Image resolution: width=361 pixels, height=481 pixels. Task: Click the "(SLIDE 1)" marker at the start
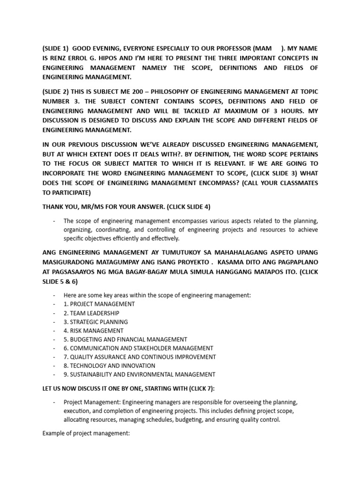pyautogui.click(x=55, y=48)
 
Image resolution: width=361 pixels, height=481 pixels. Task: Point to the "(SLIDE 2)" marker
pyautogui.click(x=55, y=90)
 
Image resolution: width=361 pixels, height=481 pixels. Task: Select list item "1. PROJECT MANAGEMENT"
pyautogui.click(x=99, y=304)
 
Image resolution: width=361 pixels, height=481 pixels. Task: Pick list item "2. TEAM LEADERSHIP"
pyautogui.click(x=92, y=313)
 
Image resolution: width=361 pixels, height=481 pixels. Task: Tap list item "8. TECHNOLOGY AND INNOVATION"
pyautogui.click(x=110, y=366)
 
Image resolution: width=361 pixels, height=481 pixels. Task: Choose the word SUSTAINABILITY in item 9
pyautogui.click(x=94, y=375)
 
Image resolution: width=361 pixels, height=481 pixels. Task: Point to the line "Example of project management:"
pyautogui.click(x=86, y=434)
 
